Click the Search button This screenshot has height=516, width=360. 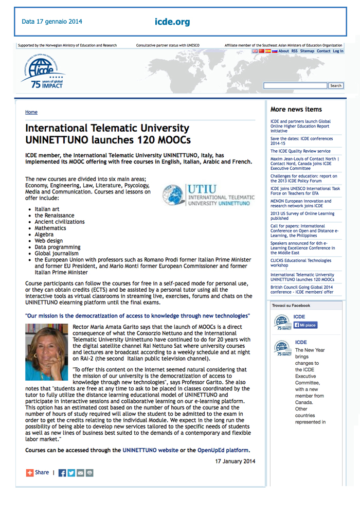(x=336, y=85)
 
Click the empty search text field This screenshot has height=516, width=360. (x=295, y=85)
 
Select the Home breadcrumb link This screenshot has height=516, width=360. (x=31, y=112)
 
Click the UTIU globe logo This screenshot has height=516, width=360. (x=173, y=195)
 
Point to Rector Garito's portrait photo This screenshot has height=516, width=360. (x=46, y=352)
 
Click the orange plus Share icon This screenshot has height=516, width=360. (x=30, y=472)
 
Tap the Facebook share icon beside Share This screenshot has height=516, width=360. (x=62, y=473)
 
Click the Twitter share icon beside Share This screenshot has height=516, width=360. (x=71, y=473)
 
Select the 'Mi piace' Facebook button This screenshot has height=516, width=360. (x=305, y=325)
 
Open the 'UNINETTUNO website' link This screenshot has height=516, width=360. (x=149, y=450)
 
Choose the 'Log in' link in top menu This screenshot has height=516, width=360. (x=338, y=51)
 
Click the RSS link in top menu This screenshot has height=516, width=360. (x=294, y=51)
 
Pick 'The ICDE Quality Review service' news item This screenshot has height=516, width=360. (x=300, y=151)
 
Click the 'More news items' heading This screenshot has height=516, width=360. (x=296, y=109)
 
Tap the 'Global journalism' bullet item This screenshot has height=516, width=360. (x=57, y=253)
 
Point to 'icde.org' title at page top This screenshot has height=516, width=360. (x=172, y=22)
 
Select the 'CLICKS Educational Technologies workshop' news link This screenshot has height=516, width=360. (x=301, y=263)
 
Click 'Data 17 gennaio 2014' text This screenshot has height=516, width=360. (x=51, y=22)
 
